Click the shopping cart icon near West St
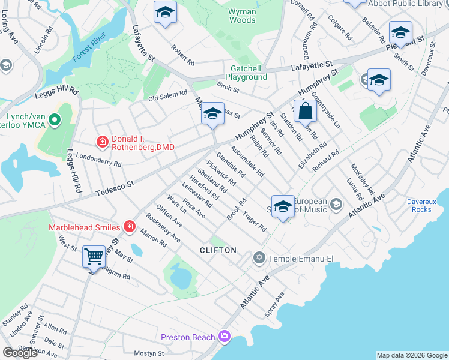[94, 257]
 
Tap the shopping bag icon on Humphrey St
[306, 111]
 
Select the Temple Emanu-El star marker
[259, 258]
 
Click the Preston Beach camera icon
[224, 336]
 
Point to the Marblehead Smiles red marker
[129, 226]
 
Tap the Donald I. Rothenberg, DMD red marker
[103, 142]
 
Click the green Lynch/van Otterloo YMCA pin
[55, 121]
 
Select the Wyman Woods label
[242, 16]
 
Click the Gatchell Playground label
[246, 73]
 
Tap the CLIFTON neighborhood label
[218, 250]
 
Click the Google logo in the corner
[20, 353]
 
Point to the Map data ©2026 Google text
[412, 355]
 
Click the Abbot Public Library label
[405, 4]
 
